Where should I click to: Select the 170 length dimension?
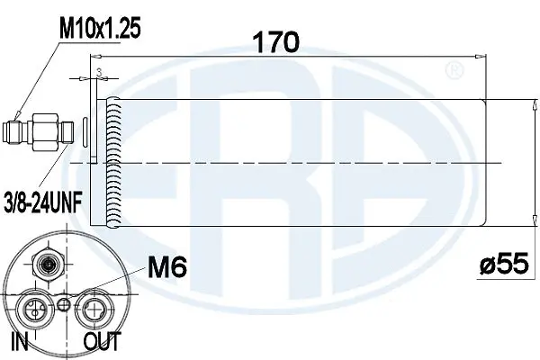pyautogui.click(x=275, y=42)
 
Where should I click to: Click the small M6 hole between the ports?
pyautogui.click(x=62, y=305)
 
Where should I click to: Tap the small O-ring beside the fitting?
pyautogui.click(x=84, y=131)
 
